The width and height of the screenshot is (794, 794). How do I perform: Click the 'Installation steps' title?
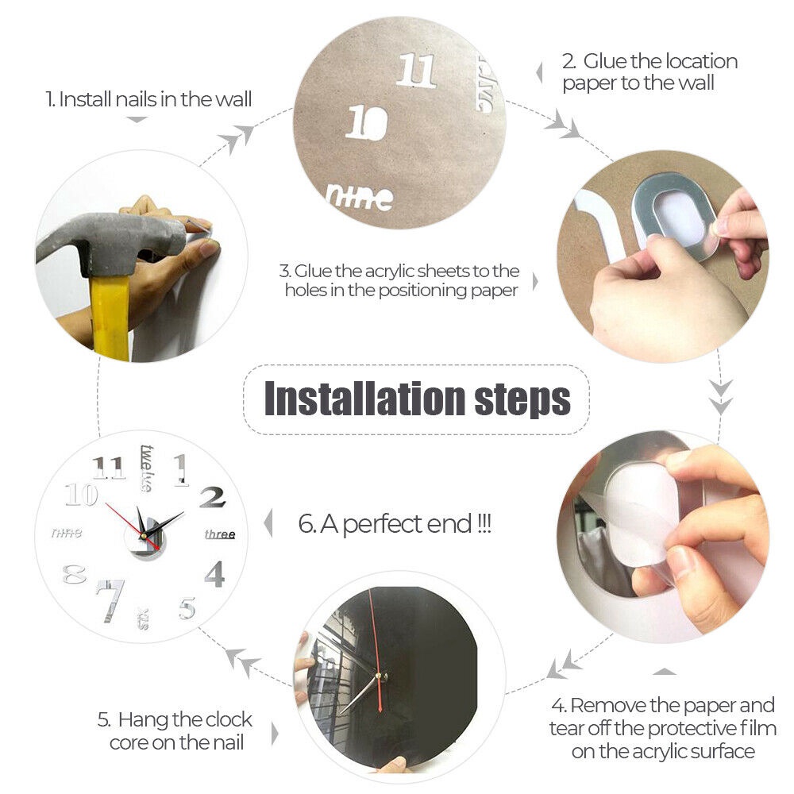pos(417,399)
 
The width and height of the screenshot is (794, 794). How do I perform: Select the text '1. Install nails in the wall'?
pos(148,100)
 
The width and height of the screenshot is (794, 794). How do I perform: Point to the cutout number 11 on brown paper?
pos(416,71)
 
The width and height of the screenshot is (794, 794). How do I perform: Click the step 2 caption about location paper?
pos(649,71)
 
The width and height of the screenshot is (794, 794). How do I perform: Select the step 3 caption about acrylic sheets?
pos(402,281)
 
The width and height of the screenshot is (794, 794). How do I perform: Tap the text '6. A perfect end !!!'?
pos(395,524)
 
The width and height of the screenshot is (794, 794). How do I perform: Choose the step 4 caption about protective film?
pos(662,727)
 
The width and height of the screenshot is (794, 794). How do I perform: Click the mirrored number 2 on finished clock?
pos(212,497)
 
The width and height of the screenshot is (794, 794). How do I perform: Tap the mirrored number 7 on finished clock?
pos(109,599)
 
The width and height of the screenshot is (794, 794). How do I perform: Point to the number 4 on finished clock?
pos(214,572)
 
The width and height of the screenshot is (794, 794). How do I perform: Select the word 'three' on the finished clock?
pos(220,534)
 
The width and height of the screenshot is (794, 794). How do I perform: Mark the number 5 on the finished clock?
pos(187,608)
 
